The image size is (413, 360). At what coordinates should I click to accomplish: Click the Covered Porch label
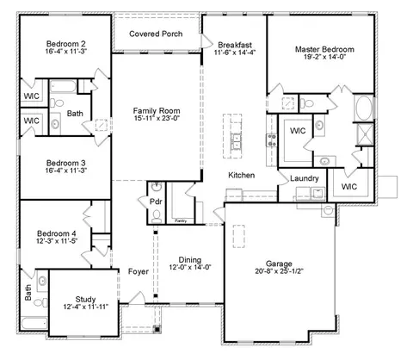pos(156,34)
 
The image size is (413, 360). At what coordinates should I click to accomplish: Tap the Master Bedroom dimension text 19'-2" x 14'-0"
pos(324,57)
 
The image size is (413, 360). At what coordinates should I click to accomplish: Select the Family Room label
pos(157,110)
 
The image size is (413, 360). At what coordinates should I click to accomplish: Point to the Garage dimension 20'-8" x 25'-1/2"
pos(279,271)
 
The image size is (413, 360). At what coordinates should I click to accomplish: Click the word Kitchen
pos(242,175)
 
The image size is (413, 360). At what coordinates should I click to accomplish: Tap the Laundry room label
pos(305,178)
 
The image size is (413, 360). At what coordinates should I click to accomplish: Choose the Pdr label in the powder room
pos(156,202)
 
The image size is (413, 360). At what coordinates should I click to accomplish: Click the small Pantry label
pos(181,220)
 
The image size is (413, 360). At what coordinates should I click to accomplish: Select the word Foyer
pos(139,271)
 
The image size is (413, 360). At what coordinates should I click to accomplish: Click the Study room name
pos(85,300)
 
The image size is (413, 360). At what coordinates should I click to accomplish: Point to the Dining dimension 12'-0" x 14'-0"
pos(190,267)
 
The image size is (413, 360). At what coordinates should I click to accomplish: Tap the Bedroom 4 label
pos(57,233)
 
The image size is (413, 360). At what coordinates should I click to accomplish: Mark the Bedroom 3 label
pos(66,163)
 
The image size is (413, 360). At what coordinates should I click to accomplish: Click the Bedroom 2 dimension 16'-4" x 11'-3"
pos(66,52)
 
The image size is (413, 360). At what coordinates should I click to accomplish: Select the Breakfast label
pos(235,45)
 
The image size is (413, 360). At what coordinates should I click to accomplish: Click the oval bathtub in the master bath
pos(364,108)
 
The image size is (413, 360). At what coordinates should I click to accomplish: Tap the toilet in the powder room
pos(157,217)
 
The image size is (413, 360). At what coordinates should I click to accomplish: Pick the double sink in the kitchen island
pos(236,141)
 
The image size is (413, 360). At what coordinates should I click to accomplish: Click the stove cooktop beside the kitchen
pos(272,140)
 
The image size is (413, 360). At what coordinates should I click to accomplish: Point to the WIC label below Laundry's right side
pos(349,187)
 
